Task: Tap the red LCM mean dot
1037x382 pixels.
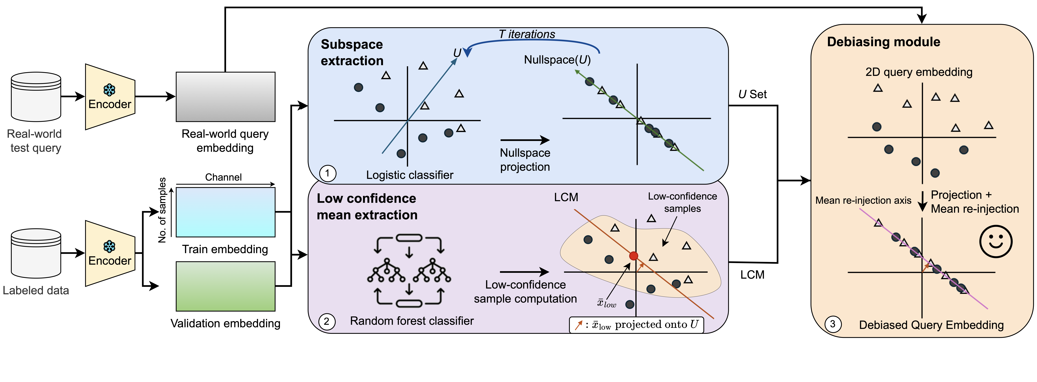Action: (634, 256)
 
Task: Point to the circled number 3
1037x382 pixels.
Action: (833, 324)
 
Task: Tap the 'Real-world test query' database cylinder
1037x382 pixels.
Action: (36, 97)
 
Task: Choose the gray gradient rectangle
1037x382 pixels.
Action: (225, 97)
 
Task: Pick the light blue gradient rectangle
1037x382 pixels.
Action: (225, 212)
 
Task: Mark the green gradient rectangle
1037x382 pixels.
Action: (225, 286)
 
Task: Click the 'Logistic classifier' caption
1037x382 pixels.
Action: (409, 175)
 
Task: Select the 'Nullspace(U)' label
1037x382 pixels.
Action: (557, 60)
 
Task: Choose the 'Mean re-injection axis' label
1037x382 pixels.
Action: (863, 200)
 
